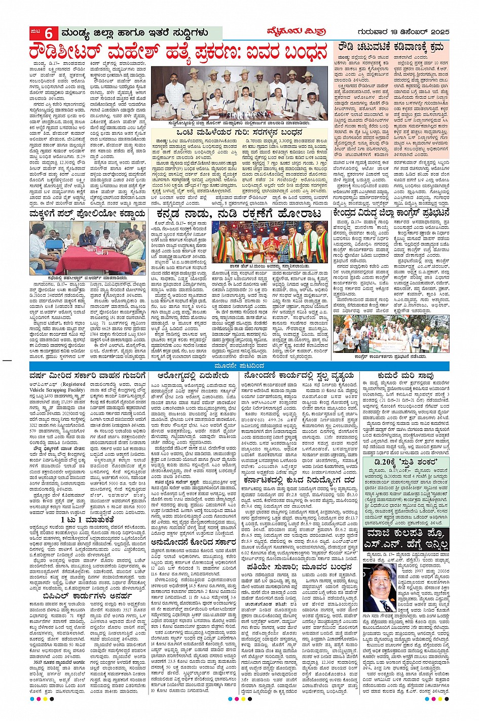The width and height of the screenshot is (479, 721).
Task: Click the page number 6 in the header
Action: pyautogui.click(x=49, y=34)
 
